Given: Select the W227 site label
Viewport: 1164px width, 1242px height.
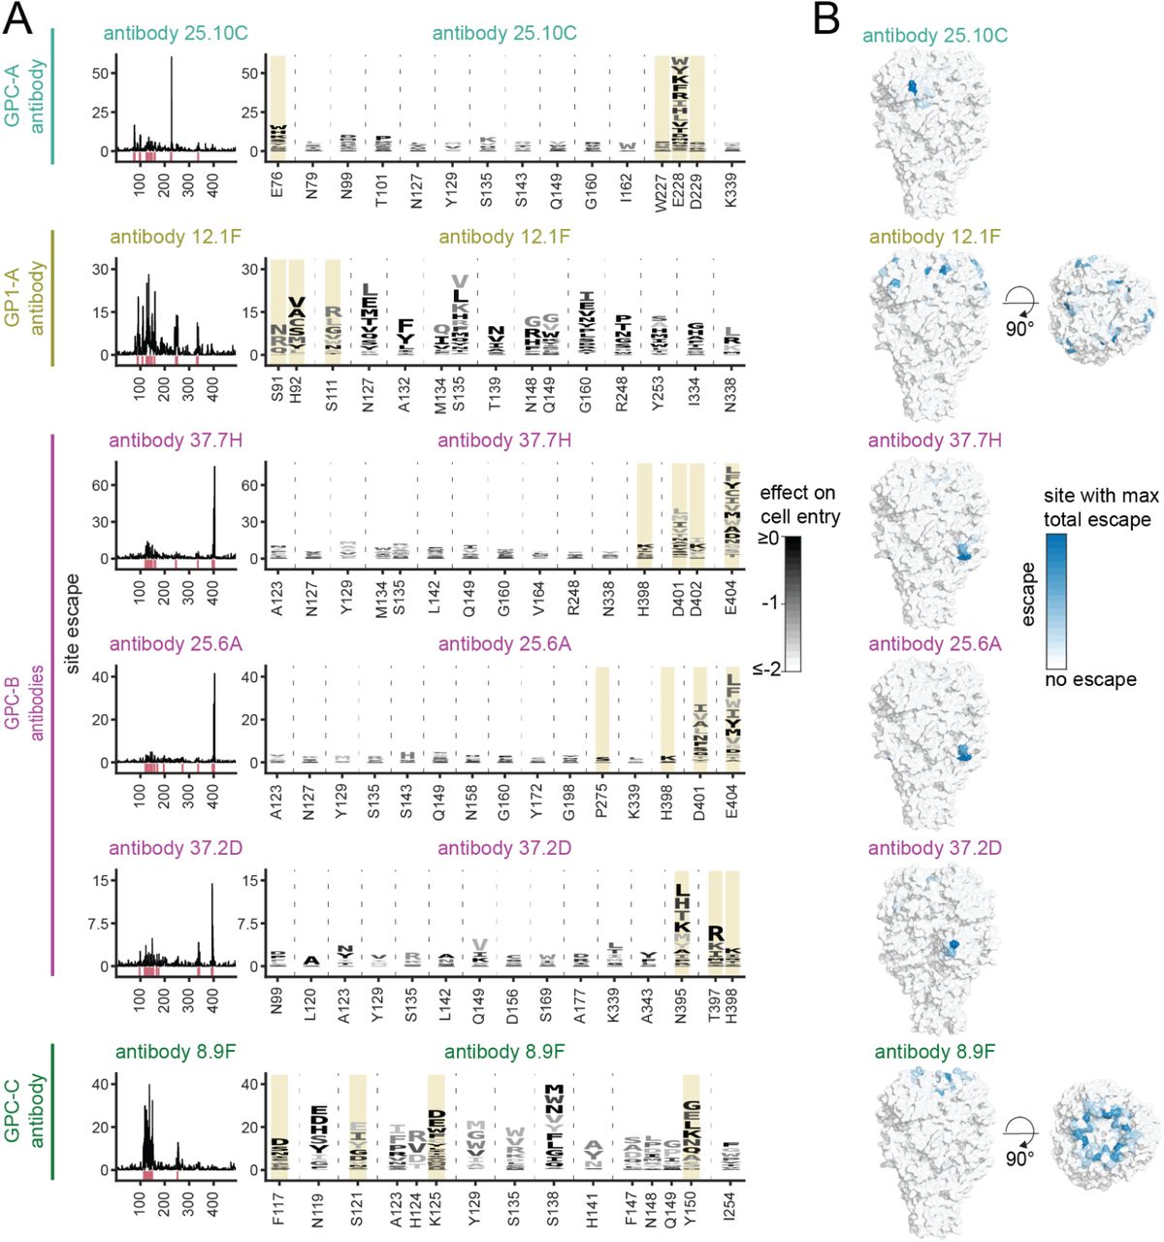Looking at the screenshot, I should pyautogui.click(x=663, y=184).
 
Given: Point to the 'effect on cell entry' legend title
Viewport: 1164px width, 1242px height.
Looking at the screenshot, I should pyautogui.click(x=799, y=505).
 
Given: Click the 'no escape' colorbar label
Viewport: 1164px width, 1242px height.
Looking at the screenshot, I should pyautogui.click(x=1090, y=679).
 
